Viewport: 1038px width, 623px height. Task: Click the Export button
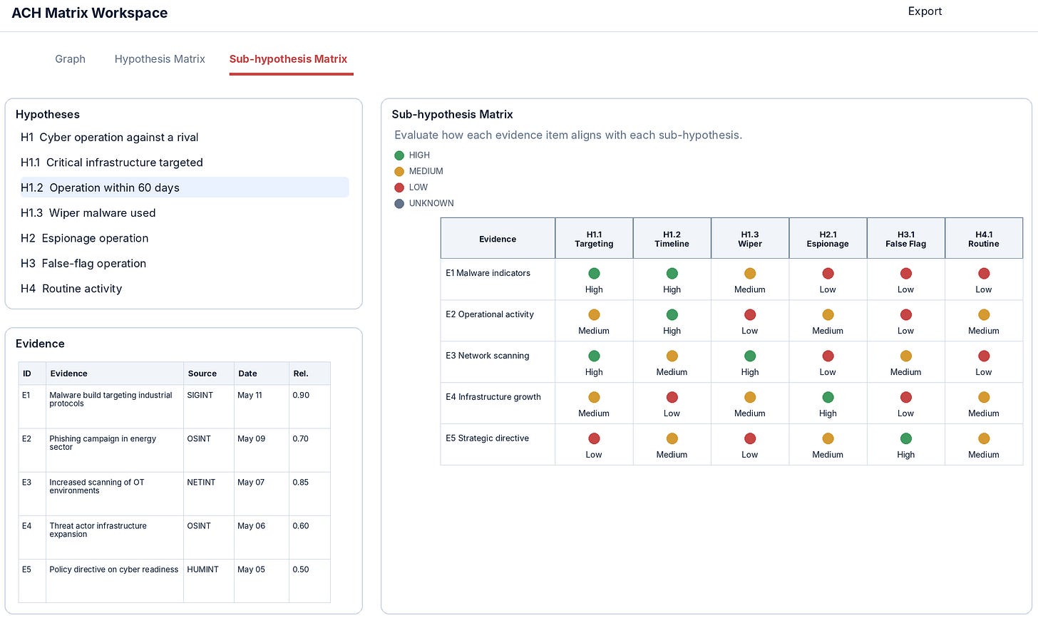tap(925, 11)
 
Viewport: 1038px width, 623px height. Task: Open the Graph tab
tap(70, 59)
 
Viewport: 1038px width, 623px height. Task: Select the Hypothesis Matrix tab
tap(160, 59)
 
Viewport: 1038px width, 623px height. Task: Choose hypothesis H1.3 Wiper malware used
tap(88, 212)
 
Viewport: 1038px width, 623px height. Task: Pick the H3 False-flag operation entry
tap(83, 263)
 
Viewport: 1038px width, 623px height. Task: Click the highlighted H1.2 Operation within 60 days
tap(100, 187)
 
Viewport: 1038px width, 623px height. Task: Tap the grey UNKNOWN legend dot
tap(399, 203)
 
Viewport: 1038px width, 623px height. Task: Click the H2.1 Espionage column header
tap(828, 239)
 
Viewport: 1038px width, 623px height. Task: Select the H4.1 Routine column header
tap(983, 239)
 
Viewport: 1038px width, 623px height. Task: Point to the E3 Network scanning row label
tap(487, 355)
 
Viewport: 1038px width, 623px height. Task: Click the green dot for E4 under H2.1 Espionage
tap(828, 397)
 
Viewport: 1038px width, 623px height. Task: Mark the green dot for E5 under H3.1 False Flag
tap(905, 438)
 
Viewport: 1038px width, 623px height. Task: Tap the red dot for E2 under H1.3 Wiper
tap(750, 314)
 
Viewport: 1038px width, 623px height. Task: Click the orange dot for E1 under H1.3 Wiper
tap(750, 273)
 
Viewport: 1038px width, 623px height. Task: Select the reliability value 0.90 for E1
tap(301, 395)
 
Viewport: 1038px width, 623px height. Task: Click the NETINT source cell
tap(201, 482)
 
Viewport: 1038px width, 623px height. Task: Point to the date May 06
tap(251, 526)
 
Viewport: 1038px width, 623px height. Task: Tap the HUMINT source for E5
tap(202, 570)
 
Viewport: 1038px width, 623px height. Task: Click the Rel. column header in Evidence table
tap(301, 374)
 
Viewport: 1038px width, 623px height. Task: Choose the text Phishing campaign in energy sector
tap(103, 443)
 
